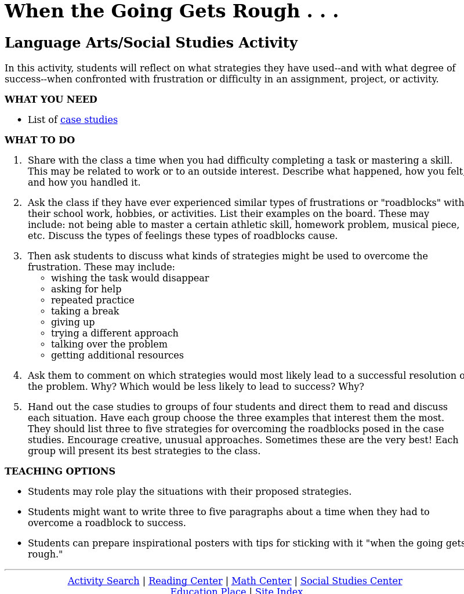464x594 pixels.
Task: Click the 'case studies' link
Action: (x=89, y=120)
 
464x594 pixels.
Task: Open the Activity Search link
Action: (x=103, y=581)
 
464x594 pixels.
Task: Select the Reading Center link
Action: (x=186, y=581)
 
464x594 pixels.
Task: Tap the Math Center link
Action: (x=261, y=581)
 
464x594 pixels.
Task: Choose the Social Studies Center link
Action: (x=351, y=581)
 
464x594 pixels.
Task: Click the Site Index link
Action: (x=279, y=591)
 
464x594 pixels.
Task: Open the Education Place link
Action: (x=208, y=591)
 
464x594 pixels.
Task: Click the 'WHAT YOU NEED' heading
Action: (x=51, y=100)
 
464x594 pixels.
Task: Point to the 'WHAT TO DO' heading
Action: (x=39, y=140)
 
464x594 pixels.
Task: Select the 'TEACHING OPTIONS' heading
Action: (x=60, y=472)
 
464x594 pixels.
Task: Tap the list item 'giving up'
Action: (x=72, y=323)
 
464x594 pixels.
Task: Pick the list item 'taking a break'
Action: (x=85, y=312)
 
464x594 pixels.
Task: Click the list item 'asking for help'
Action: (x=86, y=289)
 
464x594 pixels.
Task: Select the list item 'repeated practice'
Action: (x=92, y=300)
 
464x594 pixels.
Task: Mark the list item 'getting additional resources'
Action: (x=117, y=356)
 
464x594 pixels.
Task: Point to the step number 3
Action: (x=17, y=256)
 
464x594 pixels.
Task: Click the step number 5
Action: (x=17, y=407)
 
